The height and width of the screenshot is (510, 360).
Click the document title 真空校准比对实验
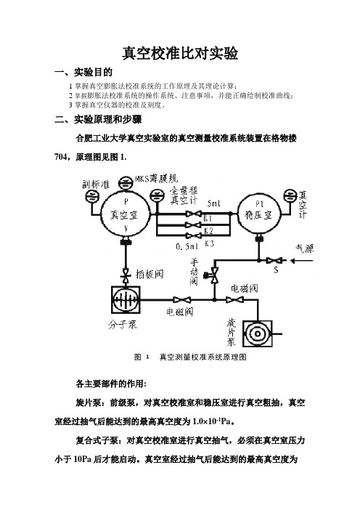pos(180,53)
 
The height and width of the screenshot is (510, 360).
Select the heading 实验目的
pos(93,72)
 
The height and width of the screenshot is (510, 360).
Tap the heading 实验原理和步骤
pos(108,119)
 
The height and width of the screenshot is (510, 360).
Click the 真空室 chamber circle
pos(126,214)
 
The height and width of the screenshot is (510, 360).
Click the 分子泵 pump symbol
pos(126,299)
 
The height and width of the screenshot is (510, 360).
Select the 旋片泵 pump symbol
pos(258,333)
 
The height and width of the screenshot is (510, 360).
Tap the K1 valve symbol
pos(193,214)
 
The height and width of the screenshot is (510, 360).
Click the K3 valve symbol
pos(193,235)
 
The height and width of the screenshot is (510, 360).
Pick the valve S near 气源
pos(274,260)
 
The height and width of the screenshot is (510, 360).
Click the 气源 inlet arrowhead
pos(292,261)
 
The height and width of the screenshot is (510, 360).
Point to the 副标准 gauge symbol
pos(91,196)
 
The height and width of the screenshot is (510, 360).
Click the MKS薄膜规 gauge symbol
pos(126,182)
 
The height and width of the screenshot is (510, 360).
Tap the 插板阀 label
pos(150,274)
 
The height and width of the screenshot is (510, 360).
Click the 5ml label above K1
pos(214,203)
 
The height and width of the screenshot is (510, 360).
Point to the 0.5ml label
pos(187,246)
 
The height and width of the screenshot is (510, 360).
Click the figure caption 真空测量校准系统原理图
pos(203,357)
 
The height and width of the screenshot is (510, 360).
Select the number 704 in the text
pos(61,157)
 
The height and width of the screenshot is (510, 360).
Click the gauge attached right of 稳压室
pos(290,196)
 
